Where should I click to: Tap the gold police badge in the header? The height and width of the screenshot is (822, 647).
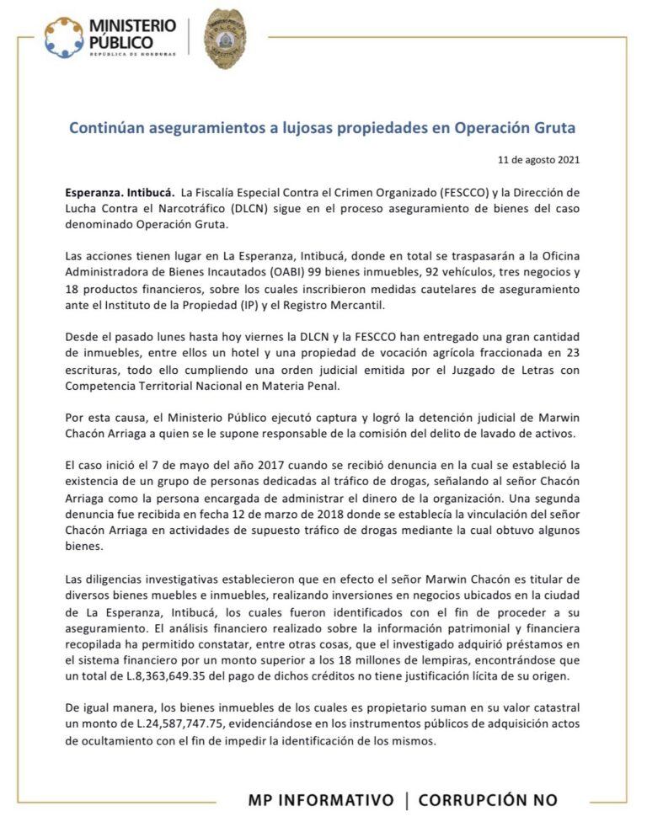[225, 40]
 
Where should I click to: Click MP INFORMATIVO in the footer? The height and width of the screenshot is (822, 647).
[321, 799]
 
